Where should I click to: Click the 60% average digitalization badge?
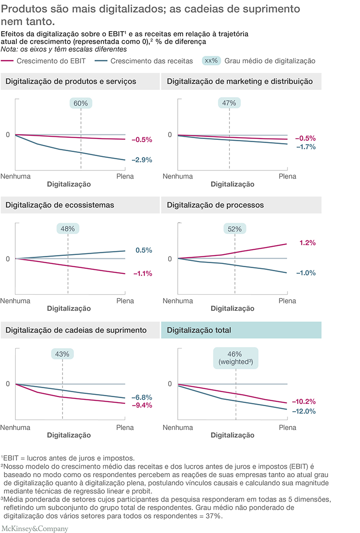tap(81, 103)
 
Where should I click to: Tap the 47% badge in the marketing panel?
tap(229, 103)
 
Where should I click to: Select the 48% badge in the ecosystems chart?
tap(67, 228)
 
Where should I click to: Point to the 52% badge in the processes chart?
tap(234, 228)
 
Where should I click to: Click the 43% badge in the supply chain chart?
tap(62, 354)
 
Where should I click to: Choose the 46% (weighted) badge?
tap(236, 358)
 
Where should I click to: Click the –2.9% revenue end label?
tap(142, 160)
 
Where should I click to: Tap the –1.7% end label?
tap(306, 147)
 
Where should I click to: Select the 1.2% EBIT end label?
tap(307, 243)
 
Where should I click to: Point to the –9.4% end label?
tap(142, 405)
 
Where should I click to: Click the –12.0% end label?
tap(304, 411)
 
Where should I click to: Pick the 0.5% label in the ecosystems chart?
tap(144, 251)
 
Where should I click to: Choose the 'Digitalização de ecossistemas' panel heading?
tap(60, 205)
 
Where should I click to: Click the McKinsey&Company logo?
tap(35, 528)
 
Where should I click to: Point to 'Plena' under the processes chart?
tap(287, 300)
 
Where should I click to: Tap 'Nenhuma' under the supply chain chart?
tap(15, 427)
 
